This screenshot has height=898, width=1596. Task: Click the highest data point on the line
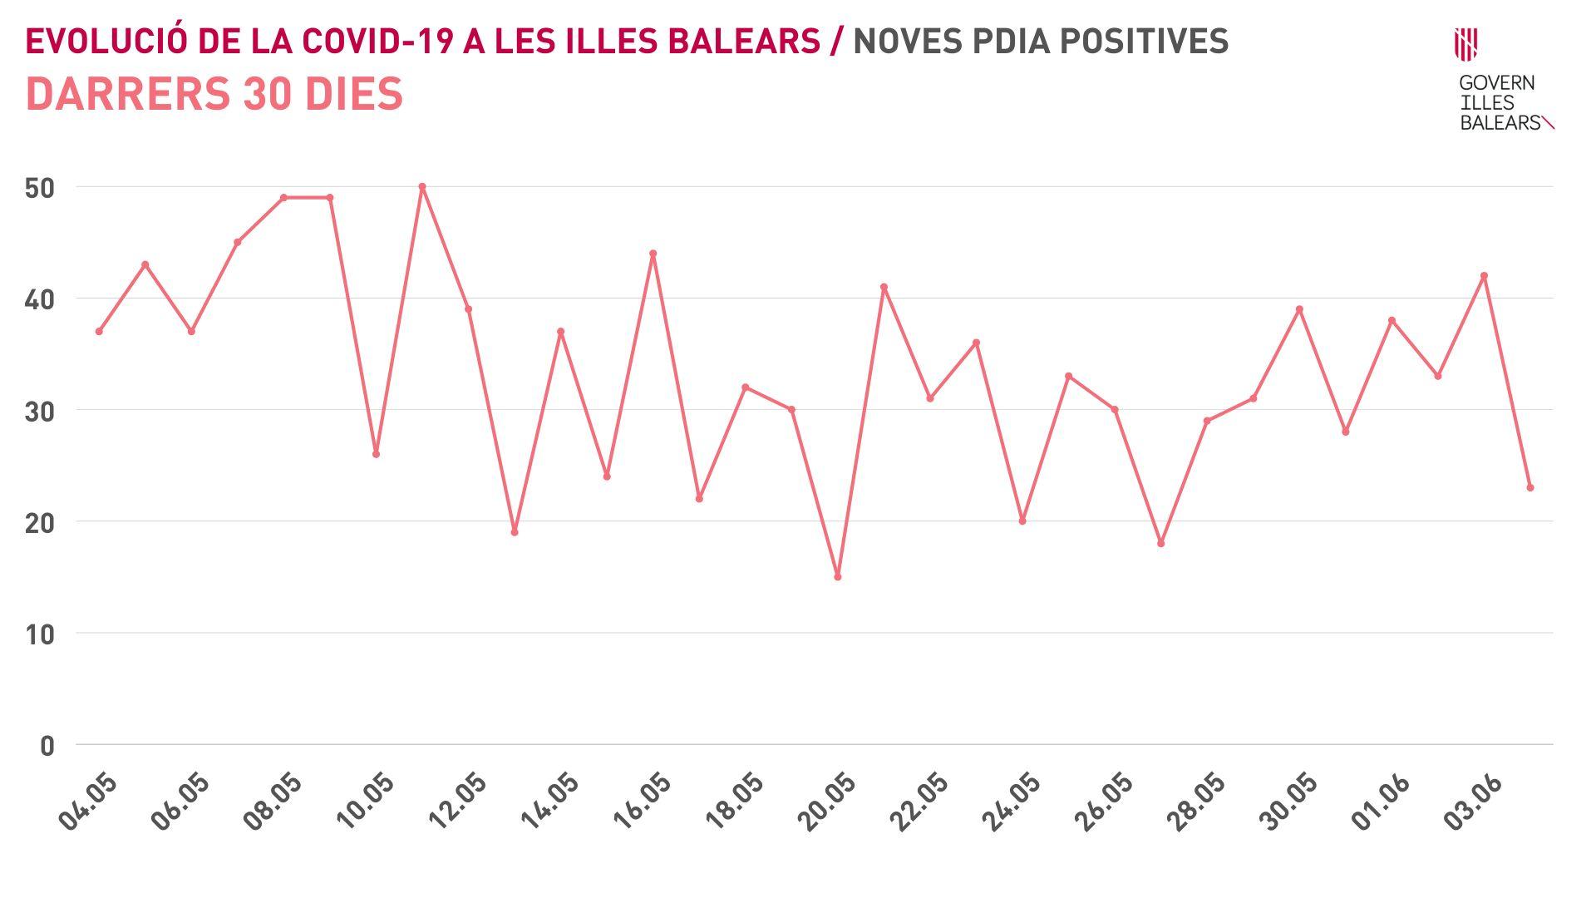[422, 186]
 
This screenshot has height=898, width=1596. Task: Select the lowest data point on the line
[838, 576]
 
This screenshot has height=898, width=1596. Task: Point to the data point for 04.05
[99, 331]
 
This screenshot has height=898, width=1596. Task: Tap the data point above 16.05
[653, 254]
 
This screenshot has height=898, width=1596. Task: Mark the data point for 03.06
[1484, 276]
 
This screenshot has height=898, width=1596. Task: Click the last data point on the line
[1530, 487]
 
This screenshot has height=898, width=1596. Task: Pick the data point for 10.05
[376, 454]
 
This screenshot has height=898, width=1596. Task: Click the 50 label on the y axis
[40, 188]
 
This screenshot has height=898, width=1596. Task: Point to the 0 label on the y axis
[47, 746]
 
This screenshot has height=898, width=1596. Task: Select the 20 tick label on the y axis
[40, 523]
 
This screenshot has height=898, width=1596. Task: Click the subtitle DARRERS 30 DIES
[214, 93]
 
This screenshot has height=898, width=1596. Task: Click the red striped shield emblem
[1465, 44]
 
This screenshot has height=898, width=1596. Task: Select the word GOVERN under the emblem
[1497, 83]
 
